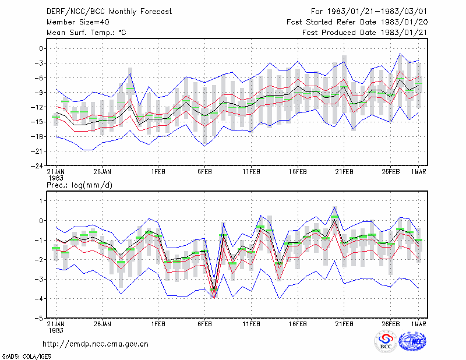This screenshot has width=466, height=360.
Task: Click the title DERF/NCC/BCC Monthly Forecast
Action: tap(109, 12)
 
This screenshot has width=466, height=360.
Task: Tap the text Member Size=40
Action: tap(78, 22)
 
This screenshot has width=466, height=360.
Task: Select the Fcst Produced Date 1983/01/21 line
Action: tap(365, 33)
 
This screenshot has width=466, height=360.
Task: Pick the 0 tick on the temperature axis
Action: tap(41, 48)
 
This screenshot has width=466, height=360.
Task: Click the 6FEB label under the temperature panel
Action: tap(204, 172)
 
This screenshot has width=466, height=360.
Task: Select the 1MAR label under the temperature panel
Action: tap(418, 172)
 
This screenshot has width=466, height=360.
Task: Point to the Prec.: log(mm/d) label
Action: tap(79, 185)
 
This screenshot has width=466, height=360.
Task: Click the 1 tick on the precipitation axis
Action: tap(41, 201)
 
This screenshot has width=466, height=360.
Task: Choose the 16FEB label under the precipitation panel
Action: tap(298, 324)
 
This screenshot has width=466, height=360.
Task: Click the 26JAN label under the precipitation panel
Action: tap(103, 324)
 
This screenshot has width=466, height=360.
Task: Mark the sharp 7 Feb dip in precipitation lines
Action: tap(214, 297)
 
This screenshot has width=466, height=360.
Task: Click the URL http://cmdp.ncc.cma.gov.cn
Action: tap(96, 344)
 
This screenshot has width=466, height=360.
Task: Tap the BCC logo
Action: tap(386, 341)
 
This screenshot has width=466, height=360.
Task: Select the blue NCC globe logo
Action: tap(412, 341)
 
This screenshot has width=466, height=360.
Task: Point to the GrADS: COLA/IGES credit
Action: tap(27, 357)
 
